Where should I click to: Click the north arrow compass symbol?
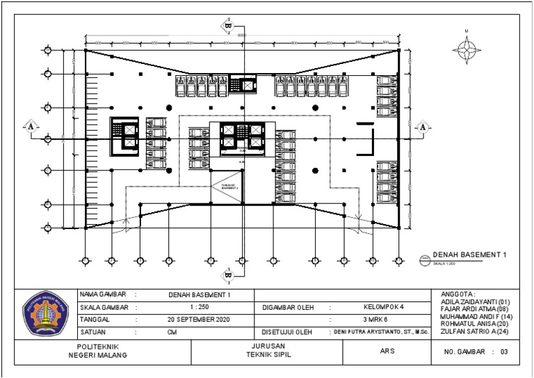tap(467, 48)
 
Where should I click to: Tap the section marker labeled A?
tap(31, 126)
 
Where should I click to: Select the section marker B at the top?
tap(227, 26)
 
